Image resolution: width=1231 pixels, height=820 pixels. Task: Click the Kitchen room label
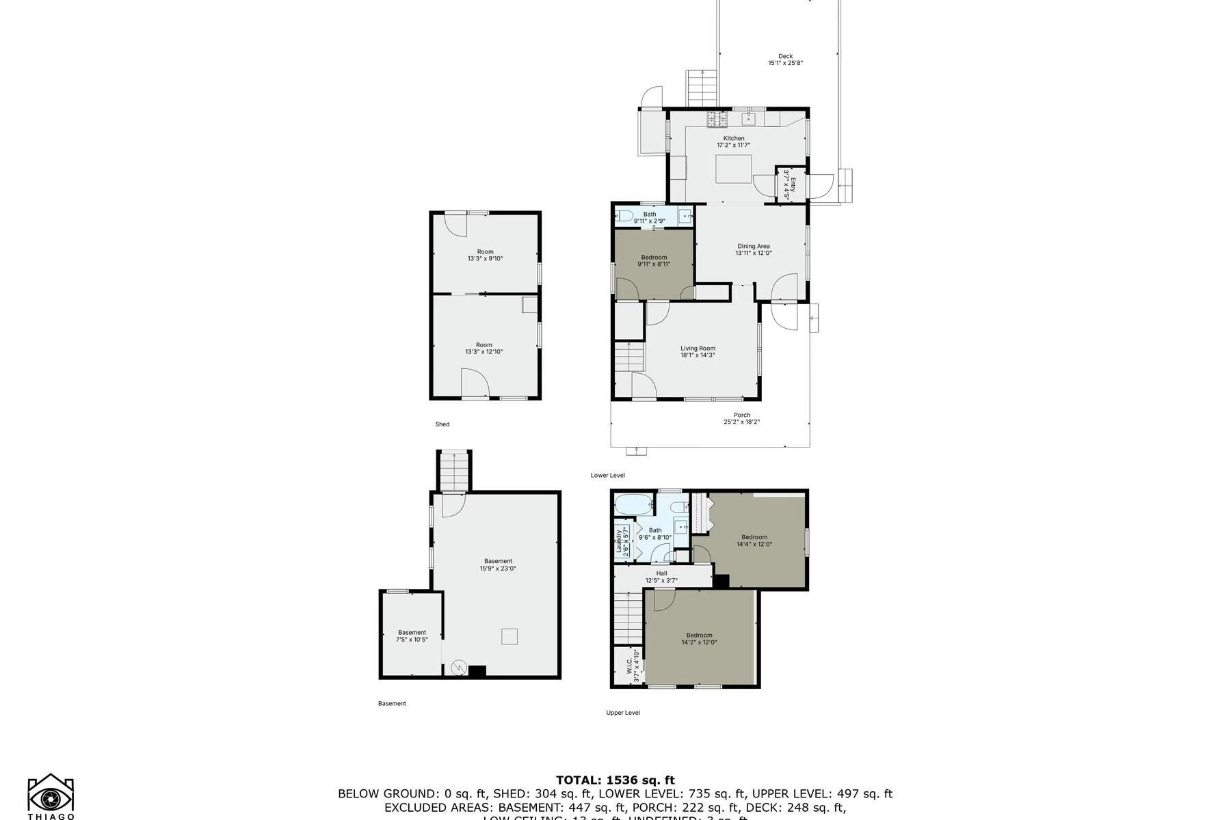click(734, 139)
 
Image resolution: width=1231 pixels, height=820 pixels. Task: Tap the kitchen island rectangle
click(734, 169)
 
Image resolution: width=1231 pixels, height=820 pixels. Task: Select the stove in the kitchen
click(717, 120)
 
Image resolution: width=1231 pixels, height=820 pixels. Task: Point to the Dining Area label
click(753, 247)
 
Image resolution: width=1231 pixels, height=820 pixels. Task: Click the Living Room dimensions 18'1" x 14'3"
click(698, 355)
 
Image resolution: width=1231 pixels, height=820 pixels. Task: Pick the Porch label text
click(741, 415)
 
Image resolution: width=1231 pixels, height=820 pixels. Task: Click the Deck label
click(785, 57)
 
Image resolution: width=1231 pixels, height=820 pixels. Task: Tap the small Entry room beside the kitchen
click(791, 184)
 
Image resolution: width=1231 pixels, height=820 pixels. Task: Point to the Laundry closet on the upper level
click(622, 541)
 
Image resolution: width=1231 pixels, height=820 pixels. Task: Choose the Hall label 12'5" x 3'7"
click(661, 577)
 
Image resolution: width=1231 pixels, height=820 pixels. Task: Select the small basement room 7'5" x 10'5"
click(412, 635)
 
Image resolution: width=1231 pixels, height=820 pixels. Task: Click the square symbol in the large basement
click(509, 636)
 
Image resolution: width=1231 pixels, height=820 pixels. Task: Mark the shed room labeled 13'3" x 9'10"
click(485, 255)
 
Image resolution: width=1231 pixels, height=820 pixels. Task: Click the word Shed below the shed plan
click(442, 424)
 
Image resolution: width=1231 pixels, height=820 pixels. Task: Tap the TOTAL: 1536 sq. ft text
click(615, 780)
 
